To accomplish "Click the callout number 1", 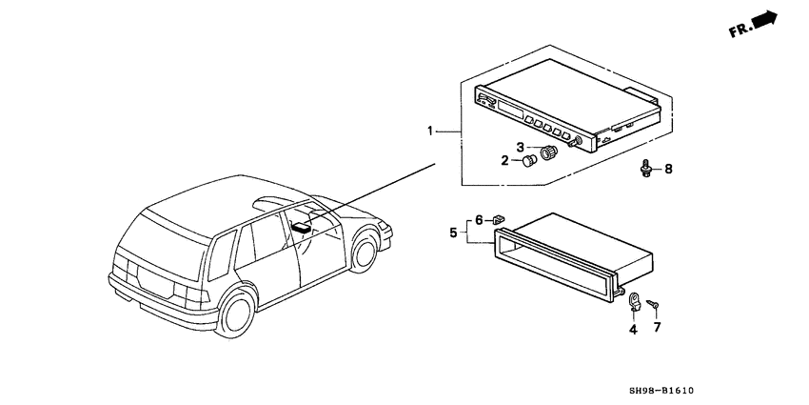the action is [430, 132].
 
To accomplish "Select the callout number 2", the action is [504, 161].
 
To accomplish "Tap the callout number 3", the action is [521, 147].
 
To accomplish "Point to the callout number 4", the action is [633, 329].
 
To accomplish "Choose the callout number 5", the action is [453, 233].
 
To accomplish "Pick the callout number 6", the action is [479, 220].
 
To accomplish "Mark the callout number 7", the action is [658, 327].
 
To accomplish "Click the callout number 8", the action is [668, 169].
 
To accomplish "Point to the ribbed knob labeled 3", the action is [548, 152].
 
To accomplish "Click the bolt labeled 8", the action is [645, 169].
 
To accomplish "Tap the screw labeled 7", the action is [653, 304].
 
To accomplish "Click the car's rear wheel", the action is [237, 314].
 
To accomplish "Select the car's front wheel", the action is [365, 253].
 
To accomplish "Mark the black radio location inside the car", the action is [302, 226].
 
